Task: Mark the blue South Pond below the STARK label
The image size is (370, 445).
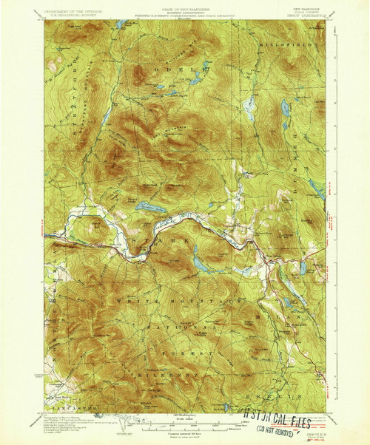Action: [198, 262]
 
